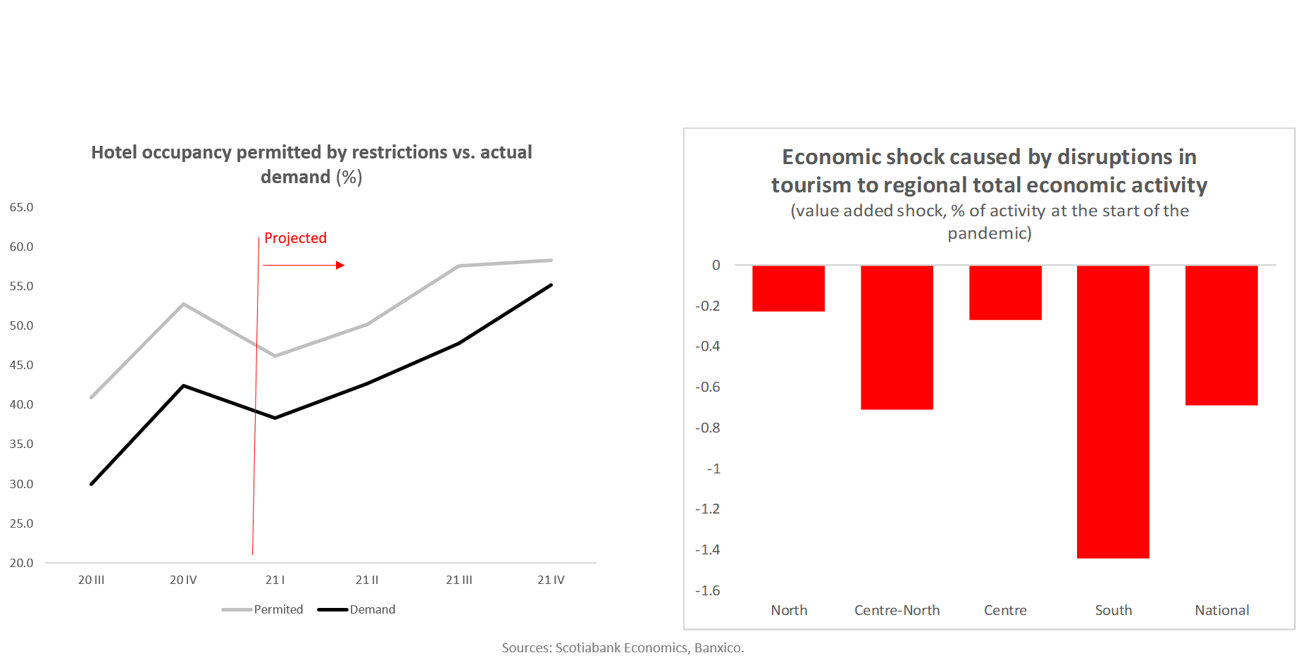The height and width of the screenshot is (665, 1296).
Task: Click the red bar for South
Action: coord(1113,411)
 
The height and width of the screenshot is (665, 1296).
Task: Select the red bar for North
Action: coord(788,288)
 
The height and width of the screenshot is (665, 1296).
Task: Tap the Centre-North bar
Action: coord(897,337)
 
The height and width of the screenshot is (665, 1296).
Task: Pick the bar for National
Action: coord(1221,335)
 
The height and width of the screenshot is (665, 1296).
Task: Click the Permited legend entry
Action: coord(263,609)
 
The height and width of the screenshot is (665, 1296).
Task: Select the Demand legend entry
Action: coord(356,609)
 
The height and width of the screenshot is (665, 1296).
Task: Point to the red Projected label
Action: coord(295,238)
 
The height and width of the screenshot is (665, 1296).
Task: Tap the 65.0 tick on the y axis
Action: coord(21,207)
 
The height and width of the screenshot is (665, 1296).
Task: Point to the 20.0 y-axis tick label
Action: coord(21,563)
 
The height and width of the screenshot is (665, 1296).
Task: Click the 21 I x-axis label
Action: coord(275,580)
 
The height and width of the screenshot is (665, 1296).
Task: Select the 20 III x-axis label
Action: coord(91,580)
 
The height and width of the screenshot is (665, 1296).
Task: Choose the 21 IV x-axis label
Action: coord(551,580)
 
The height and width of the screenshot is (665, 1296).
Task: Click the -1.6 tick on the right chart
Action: coord(707,590)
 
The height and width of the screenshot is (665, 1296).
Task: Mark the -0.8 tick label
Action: coord(707,428)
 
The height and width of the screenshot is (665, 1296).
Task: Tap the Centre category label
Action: coord(1005,610)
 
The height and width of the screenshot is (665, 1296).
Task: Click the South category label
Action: coord(1114,610)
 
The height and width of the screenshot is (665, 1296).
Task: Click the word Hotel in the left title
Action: coord(114,152)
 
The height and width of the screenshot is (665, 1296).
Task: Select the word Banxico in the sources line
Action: coord(718,647)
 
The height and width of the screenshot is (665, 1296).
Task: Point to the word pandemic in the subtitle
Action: coord(986,233)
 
